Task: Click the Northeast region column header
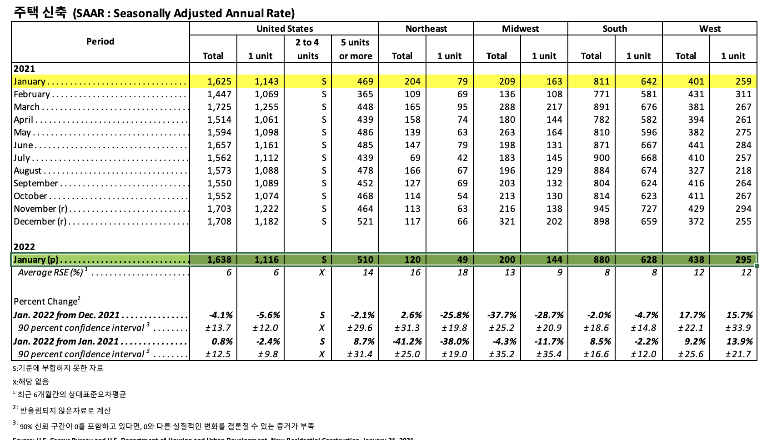click(426, 29)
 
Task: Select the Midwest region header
click(520, 29)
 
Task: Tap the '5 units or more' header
click(356, 49)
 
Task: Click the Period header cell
click(100, 41)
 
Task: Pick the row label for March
click(27, 107)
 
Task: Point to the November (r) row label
click(40, 209)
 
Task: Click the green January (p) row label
click(36, 260)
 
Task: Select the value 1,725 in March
click(219, 107)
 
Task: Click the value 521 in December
click(365, 221)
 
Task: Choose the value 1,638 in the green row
click(219, 260)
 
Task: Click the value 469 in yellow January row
click(365, 81)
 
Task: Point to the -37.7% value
click(501, 315)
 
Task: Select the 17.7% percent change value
click(692, 315)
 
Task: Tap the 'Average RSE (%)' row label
click(50, 272)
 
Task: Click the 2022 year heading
click(24, 247)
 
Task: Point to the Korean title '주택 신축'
click(40, 12)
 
